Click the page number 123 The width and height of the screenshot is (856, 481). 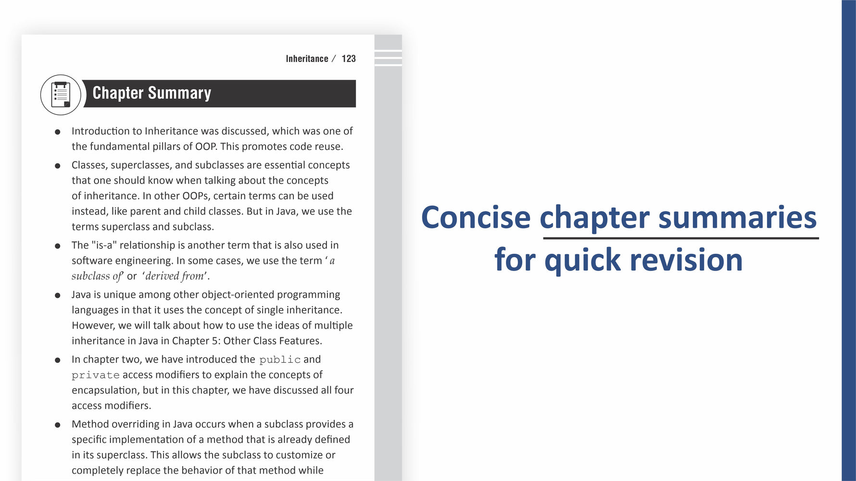tap(349, 59)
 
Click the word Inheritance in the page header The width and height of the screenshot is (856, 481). tap(307, 59)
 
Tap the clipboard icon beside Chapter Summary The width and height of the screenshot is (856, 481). tap(61, 95)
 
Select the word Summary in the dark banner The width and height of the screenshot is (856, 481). tap(179, 93)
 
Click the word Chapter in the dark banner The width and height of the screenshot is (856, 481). tap(118, 93)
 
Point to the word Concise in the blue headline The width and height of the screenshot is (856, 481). tap(476, 217)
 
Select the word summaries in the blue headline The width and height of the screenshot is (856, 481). tap(737, 217)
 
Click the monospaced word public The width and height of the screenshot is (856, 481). tap(280, 360)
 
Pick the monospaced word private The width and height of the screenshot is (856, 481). tap(95, 375)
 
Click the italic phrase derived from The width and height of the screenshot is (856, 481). tap(175, 276)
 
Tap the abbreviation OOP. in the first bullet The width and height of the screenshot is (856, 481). tap(206, 147)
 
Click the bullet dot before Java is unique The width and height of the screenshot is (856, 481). tap(58, 295)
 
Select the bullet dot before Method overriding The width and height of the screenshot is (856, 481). tap(58, 425)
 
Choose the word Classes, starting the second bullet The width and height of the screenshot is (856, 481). tap(89, 165)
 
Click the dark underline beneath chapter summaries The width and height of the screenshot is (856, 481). tap(680, 238)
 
